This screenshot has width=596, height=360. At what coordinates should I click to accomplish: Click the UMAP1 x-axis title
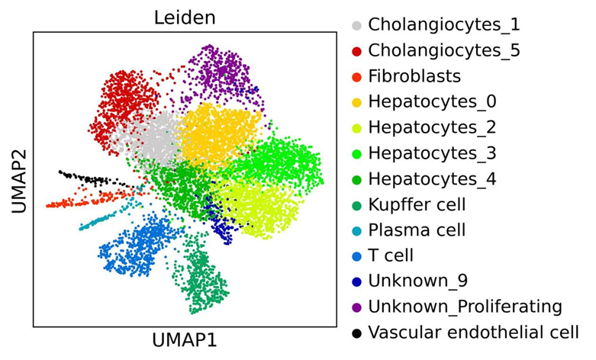click(184, 341)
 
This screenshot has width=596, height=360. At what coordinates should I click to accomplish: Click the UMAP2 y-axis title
click(16, 180)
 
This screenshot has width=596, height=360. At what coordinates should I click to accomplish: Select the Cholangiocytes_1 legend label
click(438, 24)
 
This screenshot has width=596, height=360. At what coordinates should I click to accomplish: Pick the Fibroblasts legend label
click(414, 76)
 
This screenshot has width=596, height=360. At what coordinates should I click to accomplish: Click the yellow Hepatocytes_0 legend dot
click(356, 101)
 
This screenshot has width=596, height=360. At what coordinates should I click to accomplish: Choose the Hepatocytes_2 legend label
click(432, 127)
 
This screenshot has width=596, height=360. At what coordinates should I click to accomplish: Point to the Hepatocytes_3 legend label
click(432, 153)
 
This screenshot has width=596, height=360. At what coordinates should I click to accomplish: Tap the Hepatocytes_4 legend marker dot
click(356, 179)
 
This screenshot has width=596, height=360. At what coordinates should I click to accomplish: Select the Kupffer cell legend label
click(417, 204)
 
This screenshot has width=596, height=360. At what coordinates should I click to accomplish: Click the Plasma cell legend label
click(417, 230)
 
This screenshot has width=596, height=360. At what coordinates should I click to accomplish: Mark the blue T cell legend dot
click(356, 256)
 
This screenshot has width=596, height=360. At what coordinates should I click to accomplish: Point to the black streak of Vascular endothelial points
click(88, 179)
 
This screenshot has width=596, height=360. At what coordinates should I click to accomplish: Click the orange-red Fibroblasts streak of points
click(72, 202)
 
